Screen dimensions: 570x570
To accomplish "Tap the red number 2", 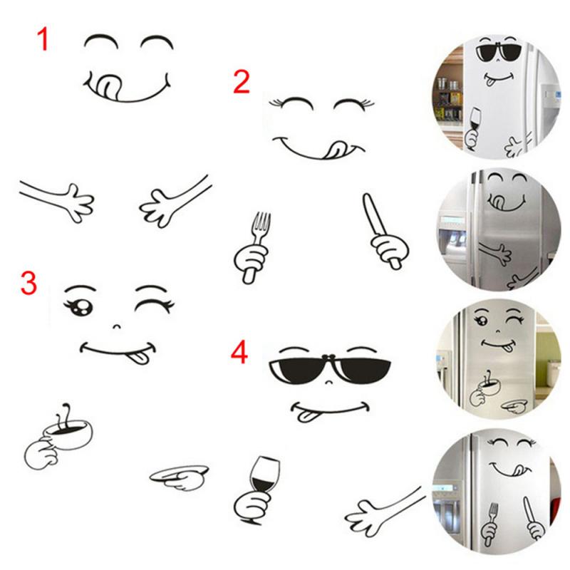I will tap(242, 83).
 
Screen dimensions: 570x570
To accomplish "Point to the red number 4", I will tap(239, 353).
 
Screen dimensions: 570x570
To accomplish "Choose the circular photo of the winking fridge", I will tap(492, 360).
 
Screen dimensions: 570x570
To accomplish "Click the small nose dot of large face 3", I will tap(115, 328).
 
